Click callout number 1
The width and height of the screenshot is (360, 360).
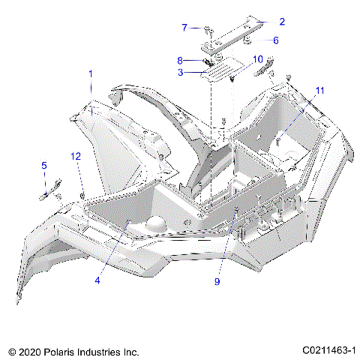coord(91,74)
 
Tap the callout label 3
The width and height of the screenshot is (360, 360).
coord(180,73)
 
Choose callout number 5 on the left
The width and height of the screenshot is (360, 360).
coord(43,166)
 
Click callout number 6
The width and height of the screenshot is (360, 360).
coord(275,40)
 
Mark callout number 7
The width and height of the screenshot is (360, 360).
coord(184,28)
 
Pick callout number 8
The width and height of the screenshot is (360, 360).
coord(180,59)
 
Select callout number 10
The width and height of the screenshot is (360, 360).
coord(257,58)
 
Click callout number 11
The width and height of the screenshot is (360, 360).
coord(319,91)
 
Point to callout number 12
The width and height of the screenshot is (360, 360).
coord(75,156)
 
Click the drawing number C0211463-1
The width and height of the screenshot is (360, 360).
coord(328,349)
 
